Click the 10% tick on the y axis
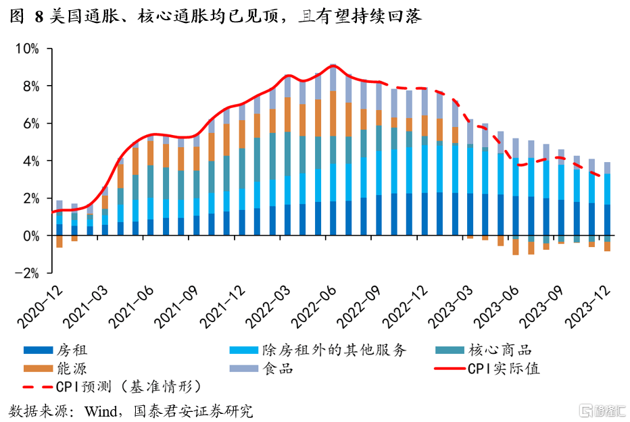pos(28,49)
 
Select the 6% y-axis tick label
pos(30,124)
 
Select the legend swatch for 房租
pos(39,350)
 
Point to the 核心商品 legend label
pos(500,350)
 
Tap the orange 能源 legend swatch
pos(39,369)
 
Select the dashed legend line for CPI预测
pos(39,388)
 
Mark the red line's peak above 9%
pos(333,65)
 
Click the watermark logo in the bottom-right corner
pos(599,410)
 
